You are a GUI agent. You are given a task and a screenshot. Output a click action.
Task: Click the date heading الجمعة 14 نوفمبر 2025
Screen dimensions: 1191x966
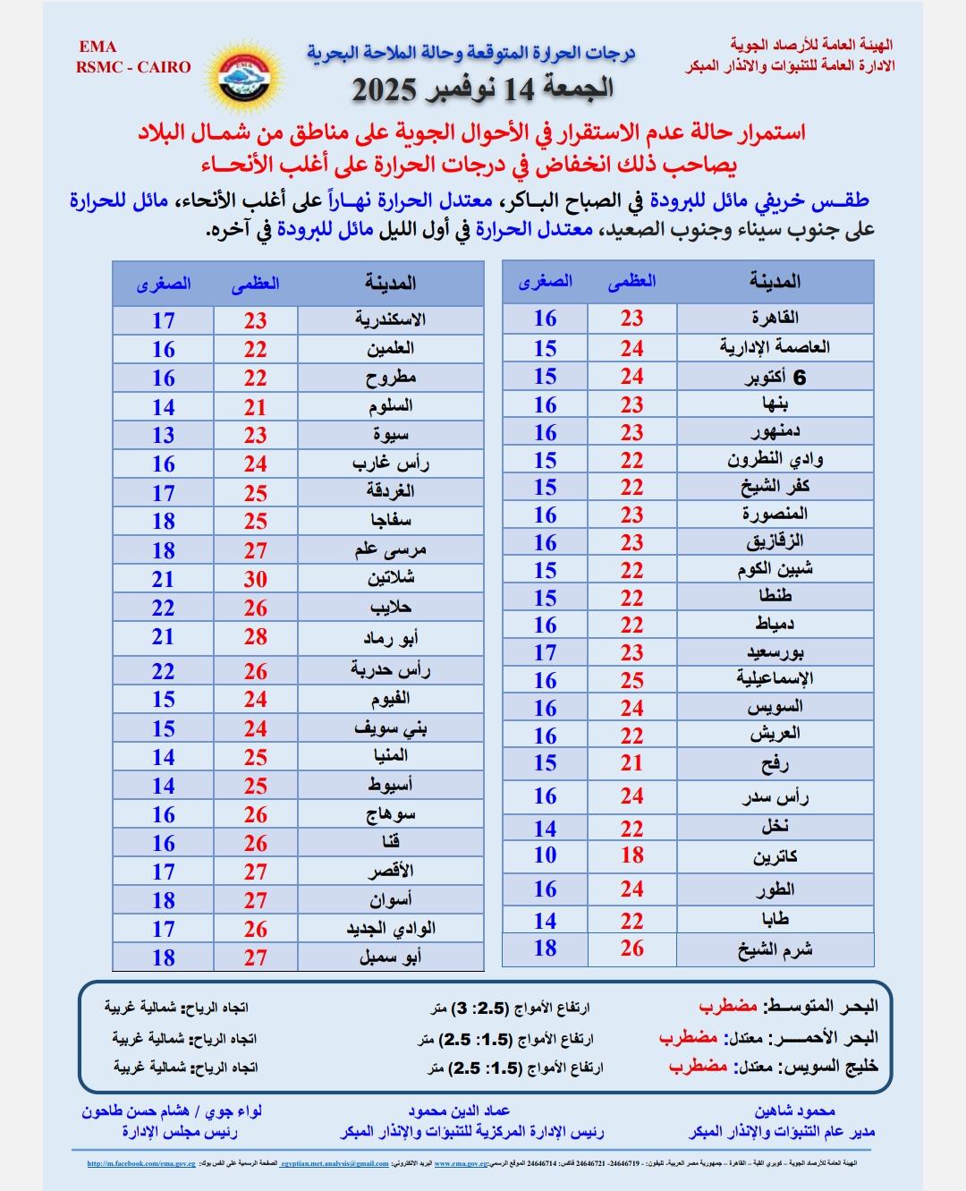point(482,89)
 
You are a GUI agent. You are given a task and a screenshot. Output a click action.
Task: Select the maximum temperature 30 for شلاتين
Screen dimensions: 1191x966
point(255,579)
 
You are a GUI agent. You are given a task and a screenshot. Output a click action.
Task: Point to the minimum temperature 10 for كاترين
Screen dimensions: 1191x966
point(545,855)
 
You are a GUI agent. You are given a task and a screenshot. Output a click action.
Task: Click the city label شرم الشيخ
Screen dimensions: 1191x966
point(775,949)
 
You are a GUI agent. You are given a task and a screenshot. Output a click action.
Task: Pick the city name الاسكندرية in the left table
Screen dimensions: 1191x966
point(390,319)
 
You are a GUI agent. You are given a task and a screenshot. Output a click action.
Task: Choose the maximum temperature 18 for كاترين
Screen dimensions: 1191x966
point(631,855)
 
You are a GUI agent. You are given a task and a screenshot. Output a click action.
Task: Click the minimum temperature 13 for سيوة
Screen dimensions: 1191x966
point(163,435)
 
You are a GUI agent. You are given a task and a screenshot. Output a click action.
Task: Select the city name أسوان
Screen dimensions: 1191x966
point(390,899)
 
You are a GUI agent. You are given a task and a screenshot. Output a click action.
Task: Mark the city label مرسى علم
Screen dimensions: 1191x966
point(390,550)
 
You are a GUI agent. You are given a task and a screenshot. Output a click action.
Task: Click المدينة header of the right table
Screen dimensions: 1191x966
point(775,282)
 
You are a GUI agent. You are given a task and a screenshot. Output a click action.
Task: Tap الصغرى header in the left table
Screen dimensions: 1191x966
point(164,284)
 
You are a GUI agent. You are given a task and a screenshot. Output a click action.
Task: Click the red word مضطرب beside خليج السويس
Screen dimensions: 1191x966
point(698,1067)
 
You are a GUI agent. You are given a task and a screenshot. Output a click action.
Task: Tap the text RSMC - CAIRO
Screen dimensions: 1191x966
point(133,67)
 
